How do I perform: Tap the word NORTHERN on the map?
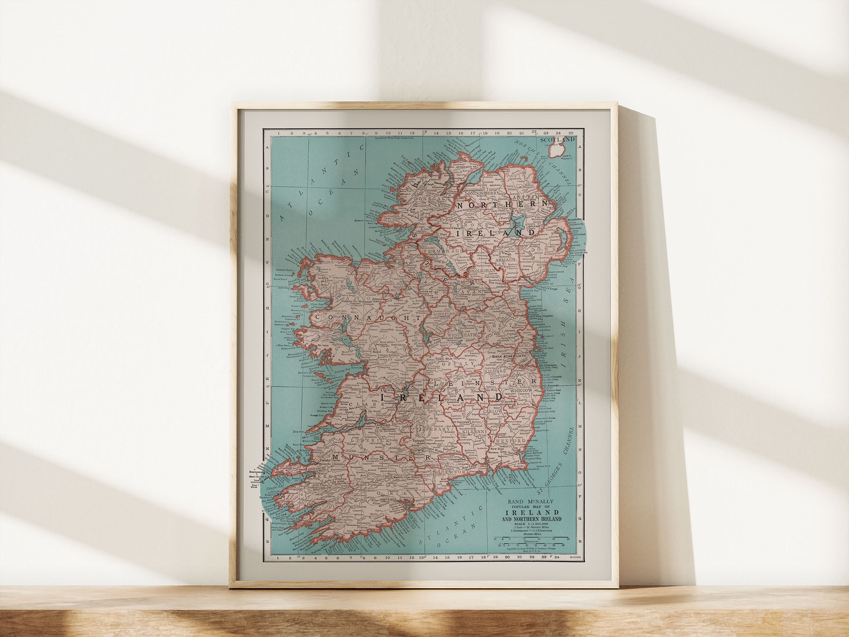pos(503,205)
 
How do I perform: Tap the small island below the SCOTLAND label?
pos(557,150)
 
